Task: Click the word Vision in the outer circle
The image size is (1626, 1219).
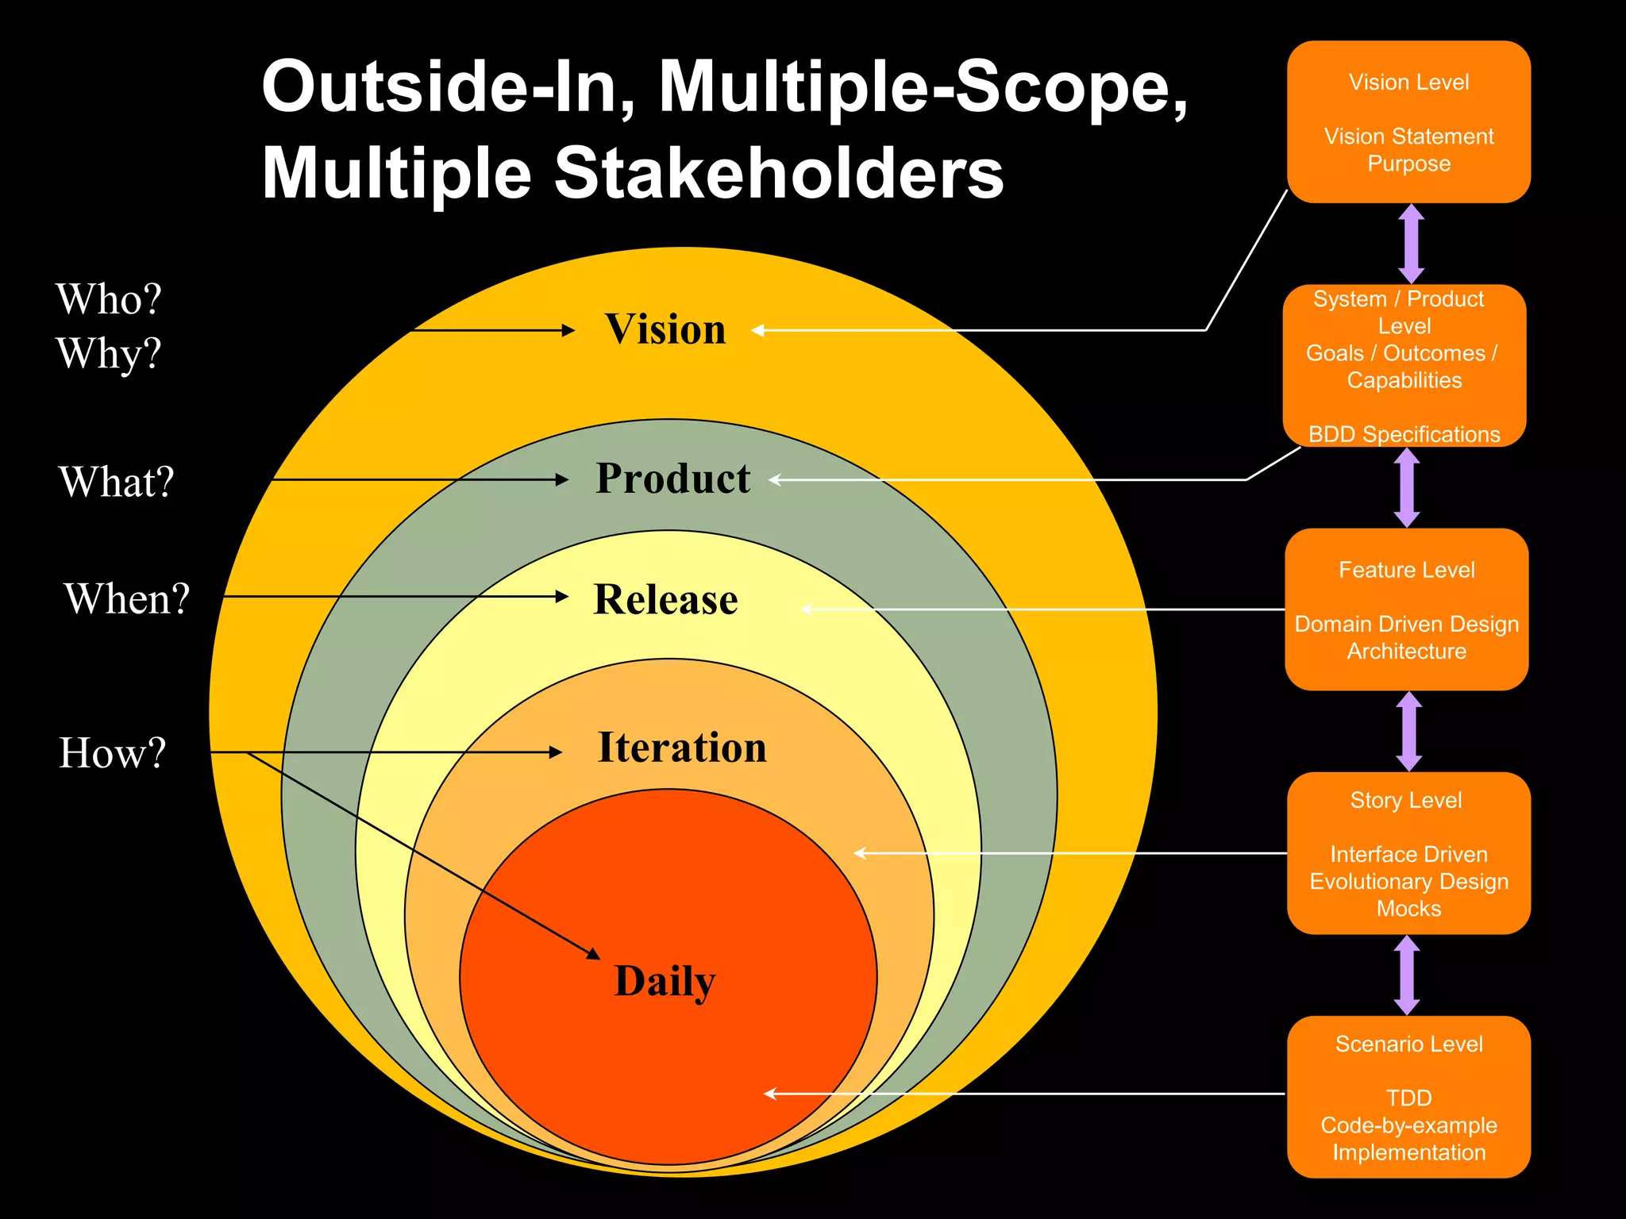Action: pyautogui.click(x=665, y=329)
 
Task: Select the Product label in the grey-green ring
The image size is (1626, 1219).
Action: pyautogui.click(x=672, y=479)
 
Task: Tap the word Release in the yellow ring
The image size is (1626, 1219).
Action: pyautogui.click(x=665, y=599)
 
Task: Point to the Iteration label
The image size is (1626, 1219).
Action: pyautogui.click(x=682, y=748)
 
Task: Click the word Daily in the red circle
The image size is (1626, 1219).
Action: pyautogui.click(x=665, y=982)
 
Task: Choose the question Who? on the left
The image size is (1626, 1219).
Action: pyautogui.click(x=109, y=299)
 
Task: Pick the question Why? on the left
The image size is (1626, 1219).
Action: pyautogui.click(x=109, y=353)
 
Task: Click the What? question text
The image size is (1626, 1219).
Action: pyautogui.click(x=116, y=482)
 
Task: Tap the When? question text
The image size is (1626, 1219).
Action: pyautogui.click(x=127, y=598)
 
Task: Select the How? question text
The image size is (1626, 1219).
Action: pyautogui.click(x=113, y=752)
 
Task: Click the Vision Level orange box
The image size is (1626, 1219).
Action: pyautogui.click(x=1408, y=122)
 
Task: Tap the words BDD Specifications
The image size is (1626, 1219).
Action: pyautogui.click(x=1404, y=434)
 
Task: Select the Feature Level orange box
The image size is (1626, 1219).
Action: pyautogui.click(x=1406, y=609)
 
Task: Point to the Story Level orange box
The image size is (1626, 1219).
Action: pyautogui.click(x=1408, y=853)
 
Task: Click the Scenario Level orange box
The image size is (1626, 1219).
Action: pyautogui.click(x=1408, y=1097)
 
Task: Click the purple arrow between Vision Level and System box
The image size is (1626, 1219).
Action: pyautogui.click(x=1411, y=244)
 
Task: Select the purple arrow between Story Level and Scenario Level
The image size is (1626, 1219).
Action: pyautogui.click(x=1407, y=975)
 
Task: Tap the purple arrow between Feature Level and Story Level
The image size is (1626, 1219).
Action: pyautogui.click(x=1409, y=731)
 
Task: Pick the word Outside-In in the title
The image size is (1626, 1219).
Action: pyautogui.click(x=449, y=87)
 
